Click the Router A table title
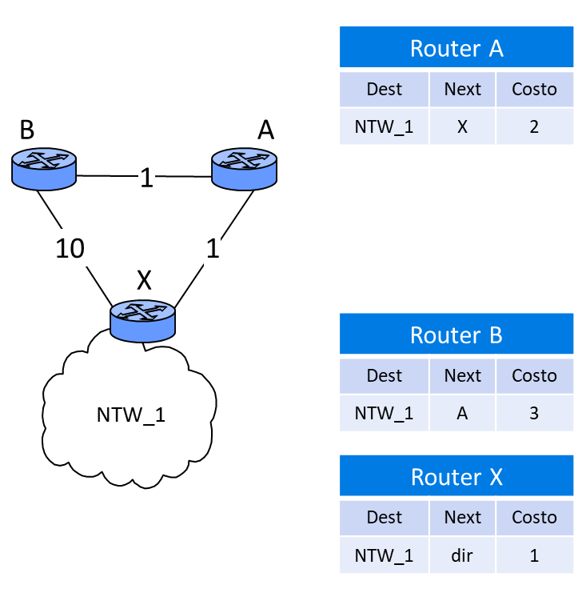pyautogui.click(x=456, y=49)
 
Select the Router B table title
pyautogui.click(x=456, y=335)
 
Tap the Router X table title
pyautogui.click(x=456, y=477)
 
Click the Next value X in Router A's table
pyautogui.click(x=462, y=126)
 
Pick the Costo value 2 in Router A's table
pyautogui.click(x=534, y=126)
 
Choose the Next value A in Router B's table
pyautogui.click(x=462, y=413)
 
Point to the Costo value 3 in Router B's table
pyautogui.click(x=534, y=413)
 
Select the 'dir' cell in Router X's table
pyautogui.click(x=462, y=555)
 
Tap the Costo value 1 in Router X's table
pyautogui.click(x=534, y=555)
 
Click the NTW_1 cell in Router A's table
pyautogui.click(x=384, y=126)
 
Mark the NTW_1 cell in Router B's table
pyautogui.click(x=384, y=413)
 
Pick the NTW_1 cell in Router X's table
pyautogui.click(x=384, y=555)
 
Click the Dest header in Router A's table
pyautogui.click(x=384, y=89)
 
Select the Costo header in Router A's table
pyautogui.click(x=534, y=89)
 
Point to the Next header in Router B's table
pyautogui.click(x=462, y=375)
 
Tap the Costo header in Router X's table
pyautogui.click(x=534, y=517)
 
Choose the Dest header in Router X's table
pyautogui.click(x=384, y=517)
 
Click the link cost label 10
pyautogui.click(x=70, y=249)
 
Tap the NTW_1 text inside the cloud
pyautogui.click(x=130, y=415)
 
